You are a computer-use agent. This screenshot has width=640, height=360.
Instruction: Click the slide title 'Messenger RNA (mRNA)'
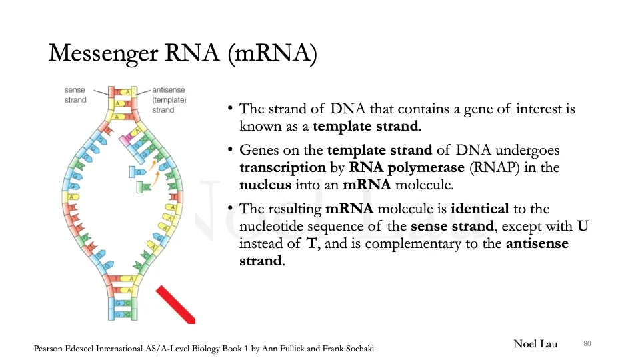pos(182,53)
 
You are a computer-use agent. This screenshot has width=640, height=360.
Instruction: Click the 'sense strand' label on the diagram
pos(75,95)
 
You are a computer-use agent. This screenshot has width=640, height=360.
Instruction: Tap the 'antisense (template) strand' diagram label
pos(169,100)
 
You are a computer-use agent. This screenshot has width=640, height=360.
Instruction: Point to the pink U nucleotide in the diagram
pos(125,139)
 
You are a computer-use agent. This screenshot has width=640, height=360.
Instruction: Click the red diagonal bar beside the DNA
pos(175,304)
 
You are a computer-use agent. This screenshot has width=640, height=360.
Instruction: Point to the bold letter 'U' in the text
pos(582,226)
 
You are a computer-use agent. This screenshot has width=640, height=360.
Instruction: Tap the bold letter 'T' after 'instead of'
pos(311,243)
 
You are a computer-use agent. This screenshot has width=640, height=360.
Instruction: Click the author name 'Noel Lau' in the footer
pos(535,343)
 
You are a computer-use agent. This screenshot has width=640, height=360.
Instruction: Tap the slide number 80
pos(587,343)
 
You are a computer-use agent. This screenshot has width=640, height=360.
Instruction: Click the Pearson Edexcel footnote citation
pos(208,348)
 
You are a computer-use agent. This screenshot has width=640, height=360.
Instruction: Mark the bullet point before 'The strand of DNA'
pos(229,109)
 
